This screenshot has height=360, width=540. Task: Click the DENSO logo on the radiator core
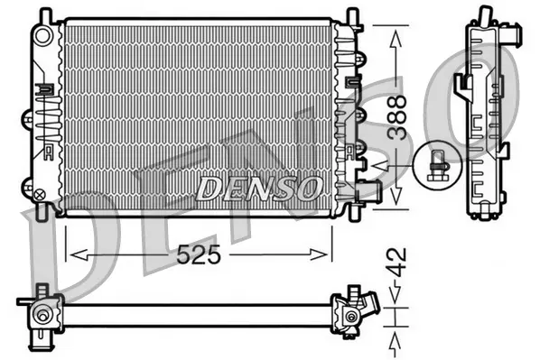tap(259, 188)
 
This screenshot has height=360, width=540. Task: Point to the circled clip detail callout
tap(438, 162)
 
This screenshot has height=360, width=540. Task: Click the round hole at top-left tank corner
tap(41, 33)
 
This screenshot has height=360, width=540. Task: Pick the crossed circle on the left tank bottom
tap(39, 193)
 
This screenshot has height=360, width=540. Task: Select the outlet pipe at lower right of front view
tap(368, 191)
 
